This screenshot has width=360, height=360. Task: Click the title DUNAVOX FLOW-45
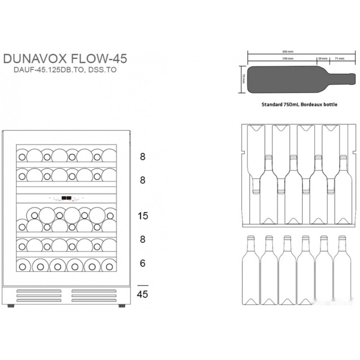pos(65,59)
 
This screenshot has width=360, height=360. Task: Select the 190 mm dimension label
pos(288,58)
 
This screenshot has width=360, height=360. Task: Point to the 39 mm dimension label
pos(323,58)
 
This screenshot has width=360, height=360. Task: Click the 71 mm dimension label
pos(340,58)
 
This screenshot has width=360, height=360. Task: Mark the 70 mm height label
pos(244,79)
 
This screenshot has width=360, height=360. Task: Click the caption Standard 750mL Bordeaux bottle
pos(299,105)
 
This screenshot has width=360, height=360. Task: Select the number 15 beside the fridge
pos(143,216)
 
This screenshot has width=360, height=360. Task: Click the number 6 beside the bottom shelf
pos(143,264)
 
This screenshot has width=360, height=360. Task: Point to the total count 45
pos(143,294)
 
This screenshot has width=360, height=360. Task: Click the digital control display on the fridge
pos(66,198)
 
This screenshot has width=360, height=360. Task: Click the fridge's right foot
pos(122,306)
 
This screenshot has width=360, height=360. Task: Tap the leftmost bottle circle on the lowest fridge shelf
pos(22,267)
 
